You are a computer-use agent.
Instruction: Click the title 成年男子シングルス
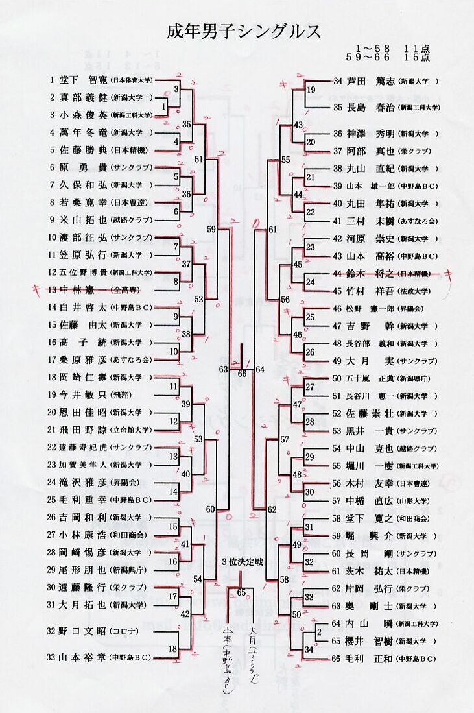coord(244,32)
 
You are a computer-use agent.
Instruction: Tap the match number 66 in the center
coord(242,373)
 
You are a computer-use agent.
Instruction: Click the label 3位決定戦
coord(241,562)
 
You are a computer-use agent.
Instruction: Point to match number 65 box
coord(241,592)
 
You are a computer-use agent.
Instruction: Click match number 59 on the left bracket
coord(211,229)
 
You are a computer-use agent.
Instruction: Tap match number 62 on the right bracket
coord(271,509)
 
